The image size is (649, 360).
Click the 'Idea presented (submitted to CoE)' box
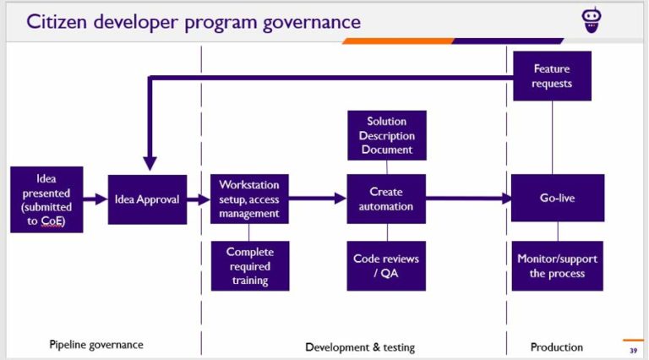(46, 199)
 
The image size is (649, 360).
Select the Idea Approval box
(147, 199)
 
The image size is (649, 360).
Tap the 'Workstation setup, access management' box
(249, 199)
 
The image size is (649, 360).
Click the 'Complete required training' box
(249, 265)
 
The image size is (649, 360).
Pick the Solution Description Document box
(387, 135)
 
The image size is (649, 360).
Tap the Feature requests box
(552, 76)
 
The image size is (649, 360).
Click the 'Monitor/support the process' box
(557, 265)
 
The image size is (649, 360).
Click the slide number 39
(633, 350)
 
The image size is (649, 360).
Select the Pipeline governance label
(95, 345)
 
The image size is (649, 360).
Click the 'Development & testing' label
(360, 346)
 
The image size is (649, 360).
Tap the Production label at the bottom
(556, 346)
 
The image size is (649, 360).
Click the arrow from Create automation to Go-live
(468, 199)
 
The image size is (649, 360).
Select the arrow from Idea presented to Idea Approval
(95, 199)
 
